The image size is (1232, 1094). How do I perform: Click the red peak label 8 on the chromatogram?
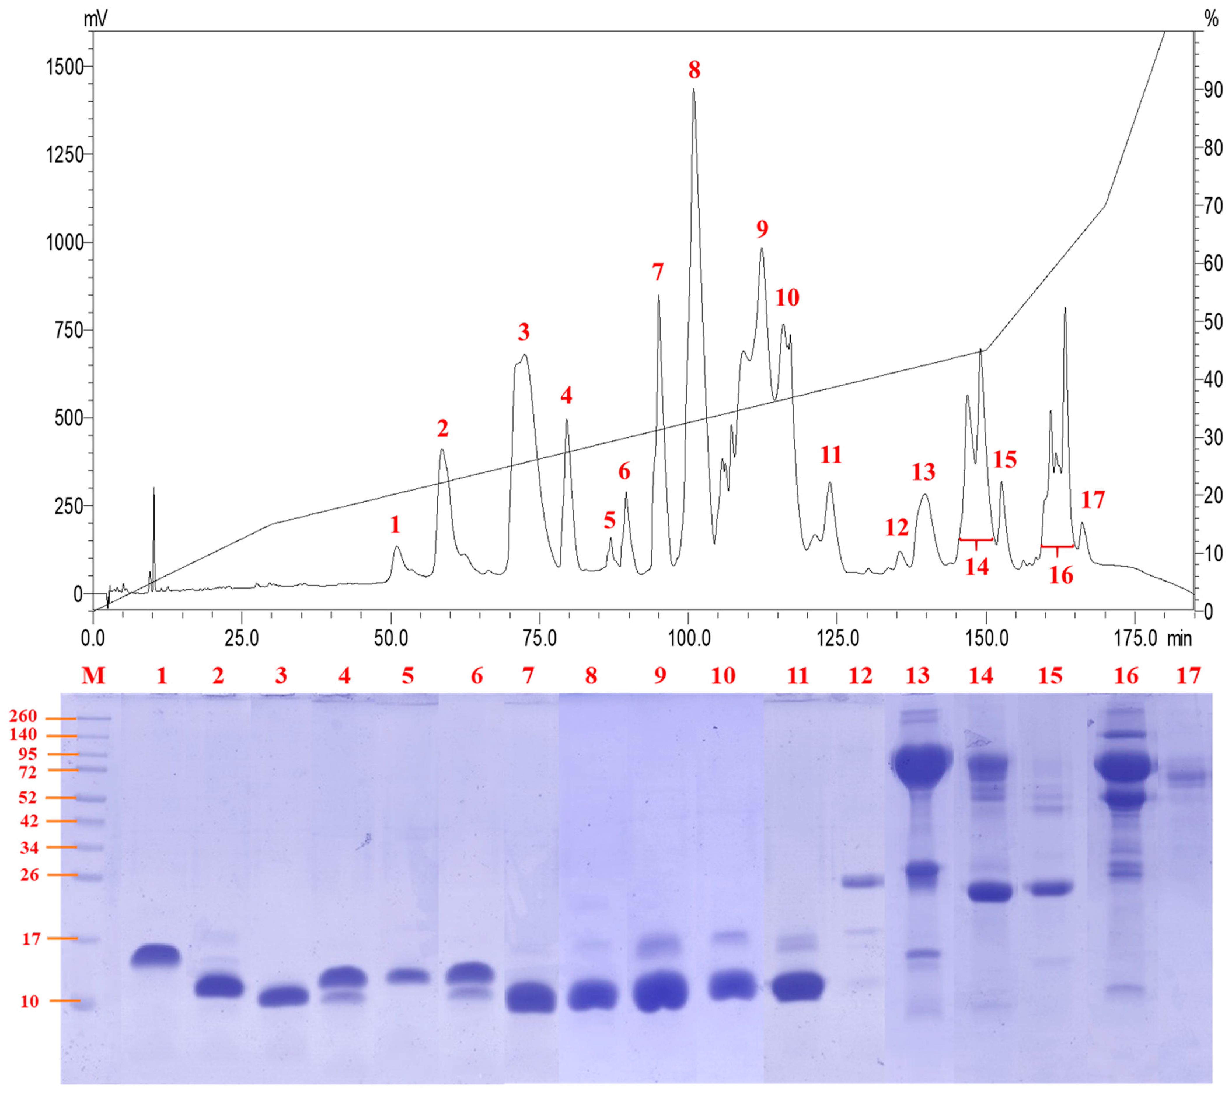[694, 71]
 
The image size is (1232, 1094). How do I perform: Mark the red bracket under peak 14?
[976, 540]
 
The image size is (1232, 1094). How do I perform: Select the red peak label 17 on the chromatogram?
[1093, 500]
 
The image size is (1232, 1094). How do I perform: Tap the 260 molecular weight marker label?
[23, 717]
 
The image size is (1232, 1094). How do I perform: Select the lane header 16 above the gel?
[1126, 676]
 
